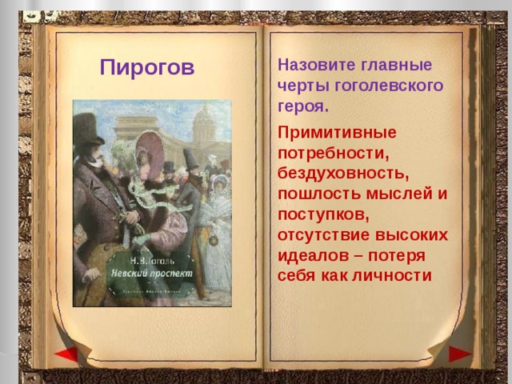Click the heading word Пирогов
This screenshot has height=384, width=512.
click(147, 67)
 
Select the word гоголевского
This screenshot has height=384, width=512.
click(398, 85)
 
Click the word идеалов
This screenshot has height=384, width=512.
click(313, 256)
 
